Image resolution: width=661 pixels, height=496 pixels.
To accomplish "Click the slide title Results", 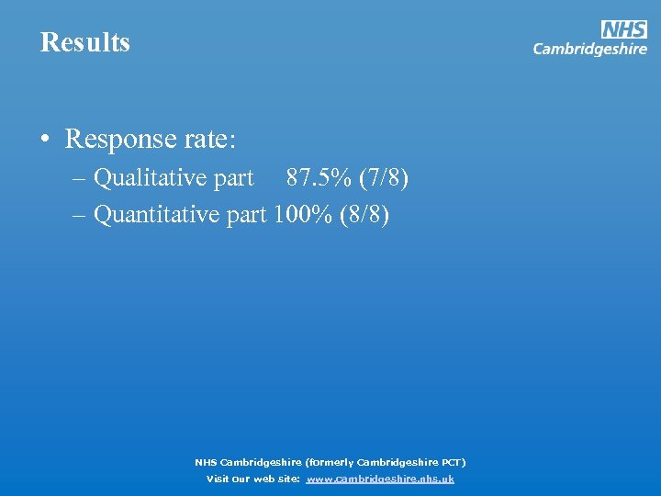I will click(85, 42).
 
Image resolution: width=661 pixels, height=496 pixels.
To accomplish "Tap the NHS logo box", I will click(624, 29).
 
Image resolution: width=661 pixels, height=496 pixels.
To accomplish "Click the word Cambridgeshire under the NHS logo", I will click(589, 50).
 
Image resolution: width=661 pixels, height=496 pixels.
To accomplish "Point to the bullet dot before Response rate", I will click(44, 140).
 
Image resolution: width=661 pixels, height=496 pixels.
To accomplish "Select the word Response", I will click(118, 140).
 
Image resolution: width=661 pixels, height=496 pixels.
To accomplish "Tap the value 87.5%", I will click(315, 177).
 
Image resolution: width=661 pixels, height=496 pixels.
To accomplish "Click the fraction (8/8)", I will click(364, 215).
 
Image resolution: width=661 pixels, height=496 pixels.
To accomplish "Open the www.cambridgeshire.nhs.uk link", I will click(380, 479).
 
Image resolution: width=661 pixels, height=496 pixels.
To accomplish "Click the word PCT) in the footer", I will click(452, 462).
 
